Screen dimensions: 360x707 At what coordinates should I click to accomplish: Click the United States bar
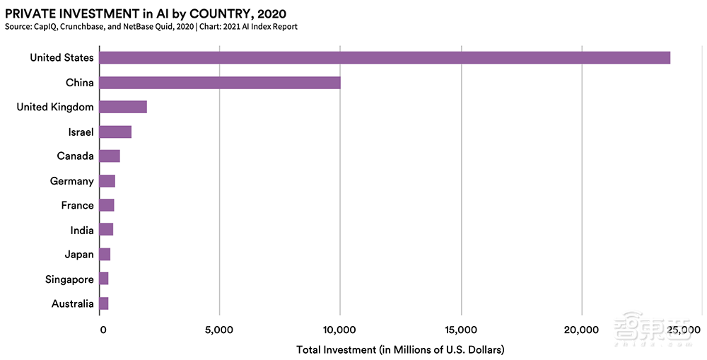[x=384, y=58]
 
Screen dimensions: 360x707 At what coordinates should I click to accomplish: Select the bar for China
[x=219, y=83]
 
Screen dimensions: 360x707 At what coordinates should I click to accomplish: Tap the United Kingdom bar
[x=122, y=107]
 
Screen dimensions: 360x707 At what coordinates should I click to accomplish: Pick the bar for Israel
[x=115, y=132]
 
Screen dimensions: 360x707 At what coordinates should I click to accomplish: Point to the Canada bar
[x=109, y=156]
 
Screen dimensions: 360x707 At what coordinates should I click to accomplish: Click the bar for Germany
[x=107, y=181]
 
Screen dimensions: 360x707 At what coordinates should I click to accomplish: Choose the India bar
[x=105, y=230]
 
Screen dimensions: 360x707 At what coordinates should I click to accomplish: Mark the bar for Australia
[x=103, y=303]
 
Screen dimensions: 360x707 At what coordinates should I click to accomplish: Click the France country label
[x=77, y=205]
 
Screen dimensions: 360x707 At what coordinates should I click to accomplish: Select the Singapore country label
[x=69, y=279]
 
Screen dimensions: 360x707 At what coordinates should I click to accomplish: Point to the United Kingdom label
[x=55, y=107]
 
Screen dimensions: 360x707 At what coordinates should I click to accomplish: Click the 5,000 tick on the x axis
[x=219, y=330]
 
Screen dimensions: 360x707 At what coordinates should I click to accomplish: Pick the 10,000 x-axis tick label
[x=340, y=330]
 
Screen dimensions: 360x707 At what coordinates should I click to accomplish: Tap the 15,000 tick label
[x=461, y=330]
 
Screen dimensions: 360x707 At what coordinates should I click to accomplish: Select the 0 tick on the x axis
[x=103, y=330]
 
